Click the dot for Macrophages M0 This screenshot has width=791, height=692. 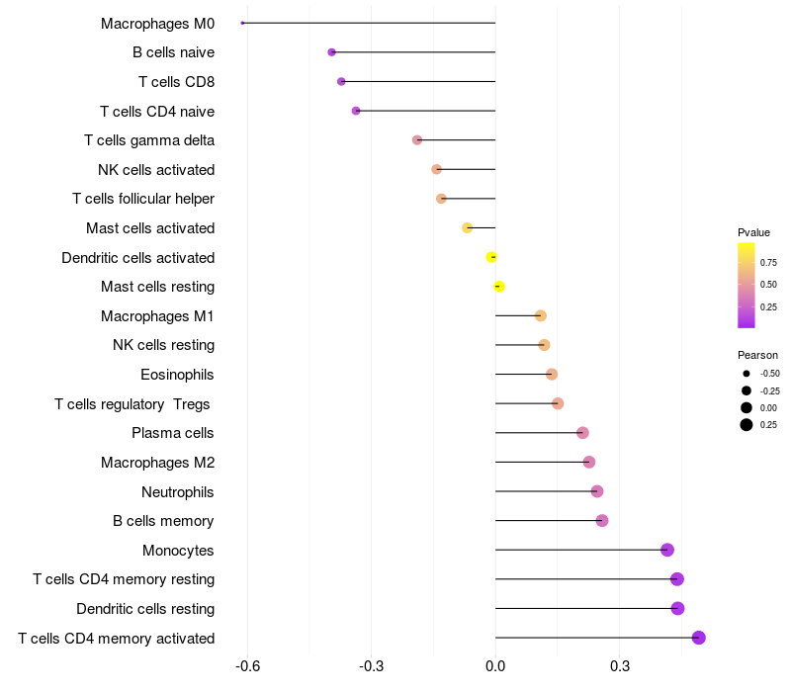[242, 23]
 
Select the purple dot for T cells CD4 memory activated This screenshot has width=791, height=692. [699, 638]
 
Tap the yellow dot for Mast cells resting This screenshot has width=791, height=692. [499, 287]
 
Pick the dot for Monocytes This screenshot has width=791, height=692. [667, 550]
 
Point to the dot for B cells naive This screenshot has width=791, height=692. [331, 52]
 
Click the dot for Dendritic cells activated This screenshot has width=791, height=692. [491, 257]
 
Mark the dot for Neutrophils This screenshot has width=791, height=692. [597, 491]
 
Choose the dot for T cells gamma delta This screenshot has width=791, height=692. [417, 140]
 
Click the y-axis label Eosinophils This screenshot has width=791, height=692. [177, 375]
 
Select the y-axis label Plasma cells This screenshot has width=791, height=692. [173, 433]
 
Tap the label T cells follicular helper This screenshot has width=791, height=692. [143, 199]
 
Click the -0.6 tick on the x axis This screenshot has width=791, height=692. [247, 666]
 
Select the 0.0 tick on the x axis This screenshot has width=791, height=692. [495, 666]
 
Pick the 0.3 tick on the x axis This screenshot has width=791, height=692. [620, 666]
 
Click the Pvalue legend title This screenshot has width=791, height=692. [753, 232]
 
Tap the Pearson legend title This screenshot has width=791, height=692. [757, 355]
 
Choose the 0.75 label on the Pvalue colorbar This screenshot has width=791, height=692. [768, 262]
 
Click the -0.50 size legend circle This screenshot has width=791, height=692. [746, 374]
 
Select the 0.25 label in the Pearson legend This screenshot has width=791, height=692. [768, 425]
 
